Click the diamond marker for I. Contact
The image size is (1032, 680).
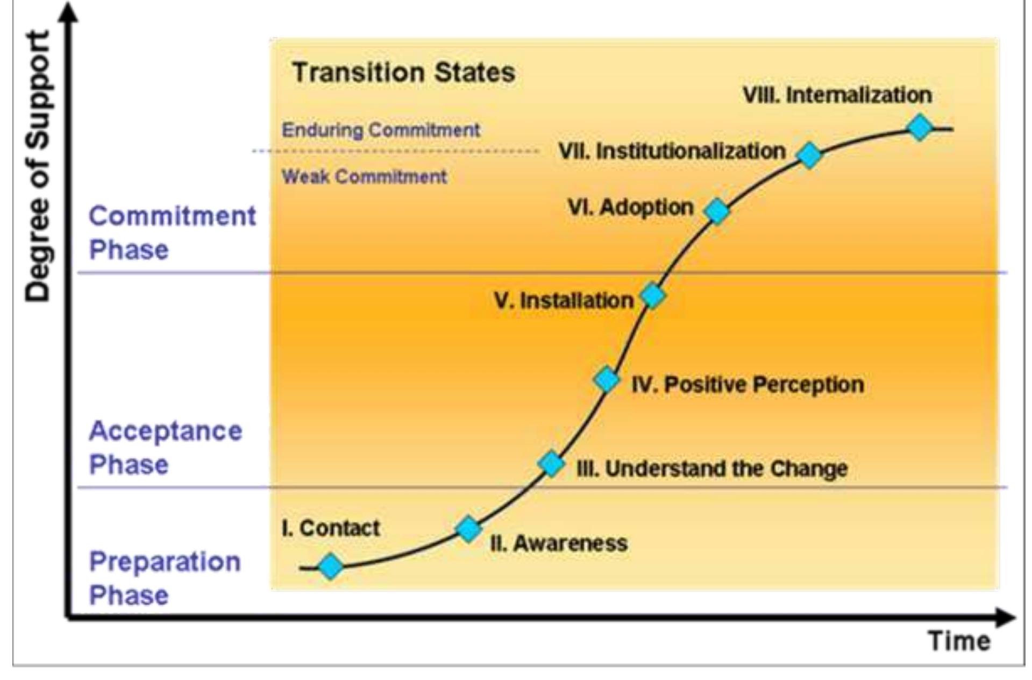point(330,566)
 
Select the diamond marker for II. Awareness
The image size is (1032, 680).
point(468,529)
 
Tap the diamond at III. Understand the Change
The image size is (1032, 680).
point(551,464)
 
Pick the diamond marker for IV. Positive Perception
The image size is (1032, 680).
point(607,380)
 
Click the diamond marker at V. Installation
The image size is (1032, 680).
point(652,295)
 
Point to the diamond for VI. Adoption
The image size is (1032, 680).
point(717,211)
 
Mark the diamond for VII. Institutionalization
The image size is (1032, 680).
point(809,155)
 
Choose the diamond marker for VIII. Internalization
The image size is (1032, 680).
point(920,127)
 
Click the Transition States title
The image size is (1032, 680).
point(403,72)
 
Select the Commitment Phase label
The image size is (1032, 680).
point(172,232)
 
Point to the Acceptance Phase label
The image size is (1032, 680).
point(166,448)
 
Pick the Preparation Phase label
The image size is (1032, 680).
point(165,578)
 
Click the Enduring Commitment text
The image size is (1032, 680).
point(381,130)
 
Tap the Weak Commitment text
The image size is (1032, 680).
point(364,176)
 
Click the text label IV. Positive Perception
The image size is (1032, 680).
point(748,384)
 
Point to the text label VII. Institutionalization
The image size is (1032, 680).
point(672,151)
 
